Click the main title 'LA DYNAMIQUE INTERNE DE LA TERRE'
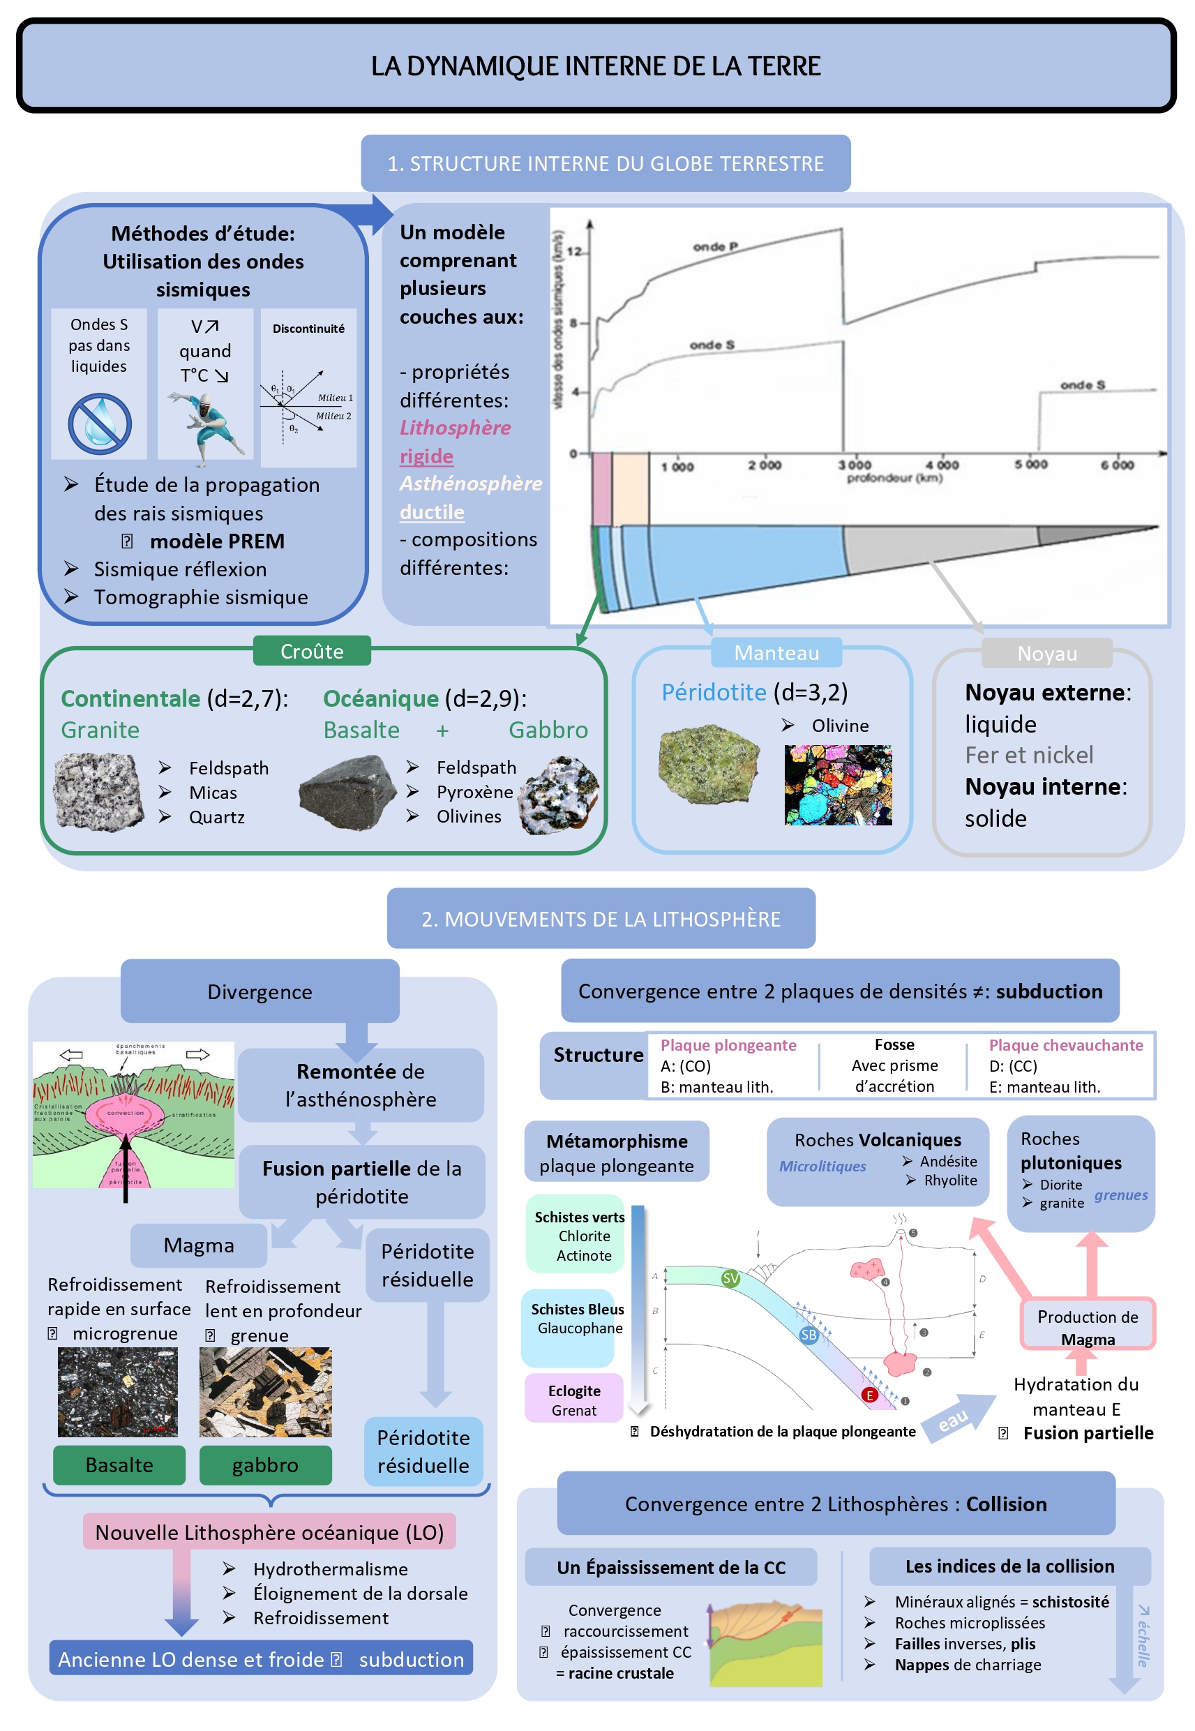pyautogui.click(x=596, y=66)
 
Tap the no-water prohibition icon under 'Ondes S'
pyautogui.click(x=100, y=424)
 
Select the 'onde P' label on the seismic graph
pyautogui.click(x=715, y=246)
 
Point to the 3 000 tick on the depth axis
pyautogui.click(x=855, y=465)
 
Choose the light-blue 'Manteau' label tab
pyautogui.click(x=776, y=653)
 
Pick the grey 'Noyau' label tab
pyautogui.click(x=1046, y=654)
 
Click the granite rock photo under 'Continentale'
pyautogui.click(x=98, y=792)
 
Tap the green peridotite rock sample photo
pyautogui.click(x=708, y=764)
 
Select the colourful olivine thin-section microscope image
pyautogui.click(x=838, y=785)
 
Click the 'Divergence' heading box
pyautogui.click(x=259, y=991)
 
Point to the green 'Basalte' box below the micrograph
pyautogui.click(x=119, y=1464)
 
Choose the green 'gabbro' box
pyautogui.click(x=265, y=1464)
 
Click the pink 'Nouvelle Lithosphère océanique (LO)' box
pyautogui.click(x=269, y=1532)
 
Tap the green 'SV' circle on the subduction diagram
pyautogui.click(x=730, y=1278)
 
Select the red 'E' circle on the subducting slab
pyautogui.click(x=869, y=1395)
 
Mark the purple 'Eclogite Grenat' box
pyautogui.click(x=573, y=1400)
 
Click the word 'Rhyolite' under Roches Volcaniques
pyautogui.click(x=950, y=1180)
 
